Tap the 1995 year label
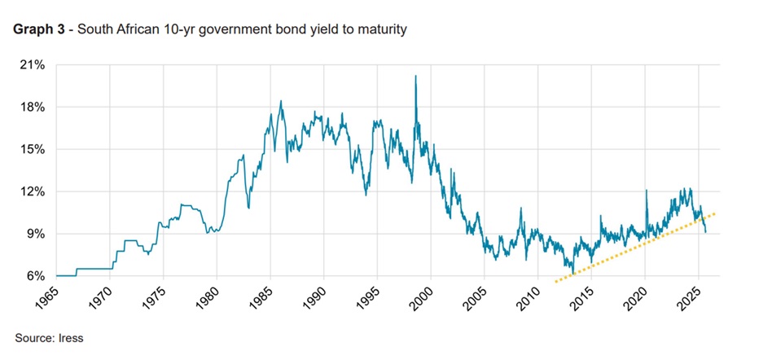[371, 298]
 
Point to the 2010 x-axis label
[531, 298]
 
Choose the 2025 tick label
[691, 298]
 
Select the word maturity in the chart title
[384, 31]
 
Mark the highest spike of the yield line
[415, 76]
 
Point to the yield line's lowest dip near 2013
[573, 273]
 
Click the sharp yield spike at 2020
[646, 191]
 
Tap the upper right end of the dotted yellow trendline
[714, 213]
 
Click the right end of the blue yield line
[705, 233]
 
